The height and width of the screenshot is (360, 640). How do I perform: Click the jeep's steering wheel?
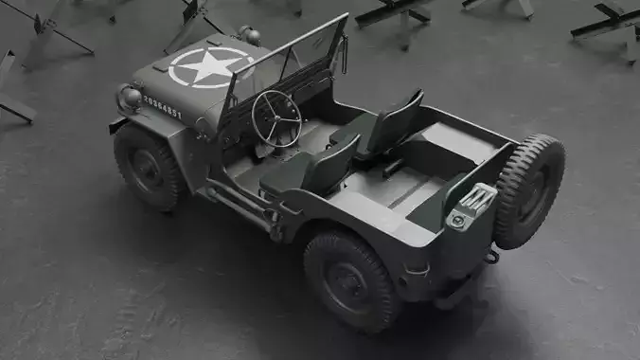coord(276,117)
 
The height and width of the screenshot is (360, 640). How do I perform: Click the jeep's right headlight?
coord(250,35)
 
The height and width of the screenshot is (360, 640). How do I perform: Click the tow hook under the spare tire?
coord(490,256)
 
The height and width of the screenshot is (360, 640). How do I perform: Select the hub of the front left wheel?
coord(147,169)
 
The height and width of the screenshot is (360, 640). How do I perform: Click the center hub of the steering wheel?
coord(276,117)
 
